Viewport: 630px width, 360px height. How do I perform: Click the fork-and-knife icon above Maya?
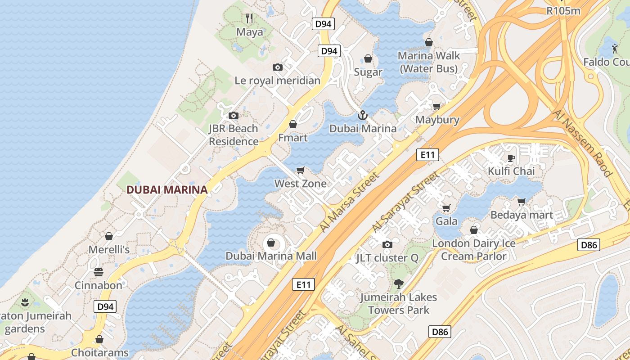(250, 18)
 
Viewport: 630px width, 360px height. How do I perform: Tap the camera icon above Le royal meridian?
(278, 67)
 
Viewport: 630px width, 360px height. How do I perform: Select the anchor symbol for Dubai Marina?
(363, 116)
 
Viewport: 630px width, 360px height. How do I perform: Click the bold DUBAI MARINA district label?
(167, 190)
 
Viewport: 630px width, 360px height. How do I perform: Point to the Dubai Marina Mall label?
(271, 256)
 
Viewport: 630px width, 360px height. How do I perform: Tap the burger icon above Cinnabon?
(99, 272)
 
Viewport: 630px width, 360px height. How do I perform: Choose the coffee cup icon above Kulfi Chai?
(511, 158)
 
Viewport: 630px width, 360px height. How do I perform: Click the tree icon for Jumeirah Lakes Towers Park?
(398, 284)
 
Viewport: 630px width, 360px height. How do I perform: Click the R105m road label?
(563, 11)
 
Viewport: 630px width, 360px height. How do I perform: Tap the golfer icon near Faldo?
(615, 48)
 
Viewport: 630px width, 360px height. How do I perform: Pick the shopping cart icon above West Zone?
(301, 170)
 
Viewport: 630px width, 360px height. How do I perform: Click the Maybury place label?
(437, 120)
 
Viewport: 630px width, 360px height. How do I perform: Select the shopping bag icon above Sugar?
(368, 58)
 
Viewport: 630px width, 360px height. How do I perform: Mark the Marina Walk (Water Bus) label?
(429, 62)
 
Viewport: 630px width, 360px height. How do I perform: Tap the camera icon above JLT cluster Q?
(387, 244)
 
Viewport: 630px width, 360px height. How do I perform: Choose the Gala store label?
(446, 221)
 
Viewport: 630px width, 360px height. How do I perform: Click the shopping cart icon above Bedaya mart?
(522, 202)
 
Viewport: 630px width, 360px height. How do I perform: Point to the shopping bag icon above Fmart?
(293, 124)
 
